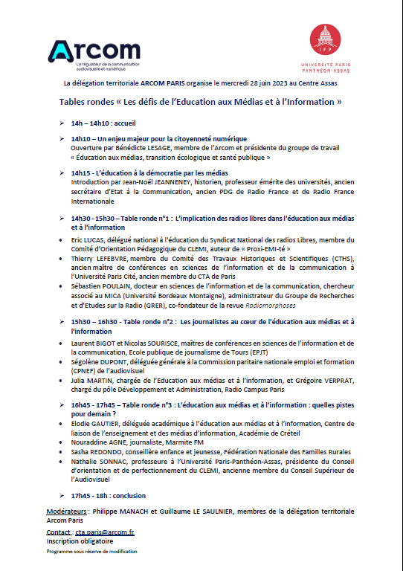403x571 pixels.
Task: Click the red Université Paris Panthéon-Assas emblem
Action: tap(325, 39)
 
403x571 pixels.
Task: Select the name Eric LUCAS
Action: tap(88, 240)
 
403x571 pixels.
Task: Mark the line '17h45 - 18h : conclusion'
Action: tap(109, 495)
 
